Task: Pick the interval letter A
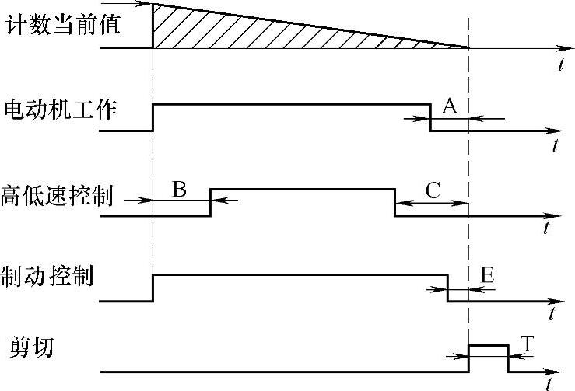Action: (449, 107)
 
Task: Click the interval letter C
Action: (433, 189)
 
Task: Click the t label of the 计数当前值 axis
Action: (560, 65)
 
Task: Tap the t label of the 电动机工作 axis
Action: (555, 146)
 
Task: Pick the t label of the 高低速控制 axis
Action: (548, 228)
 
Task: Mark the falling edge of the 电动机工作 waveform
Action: (431, 117)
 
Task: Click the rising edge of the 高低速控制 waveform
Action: (211, 201)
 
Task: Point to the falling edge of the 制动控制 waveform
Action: (447, 288)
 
